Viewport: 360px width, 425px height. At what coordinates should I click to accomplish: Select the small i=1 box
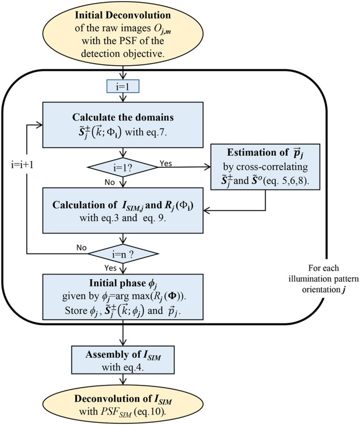coord(122,85)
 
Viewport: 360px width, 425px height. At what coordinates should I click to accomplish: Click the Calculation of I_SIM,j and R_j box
coord(122,209)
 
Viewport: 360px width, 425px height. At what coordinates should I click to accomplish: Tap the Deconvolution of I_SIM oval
coord(122,402)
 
